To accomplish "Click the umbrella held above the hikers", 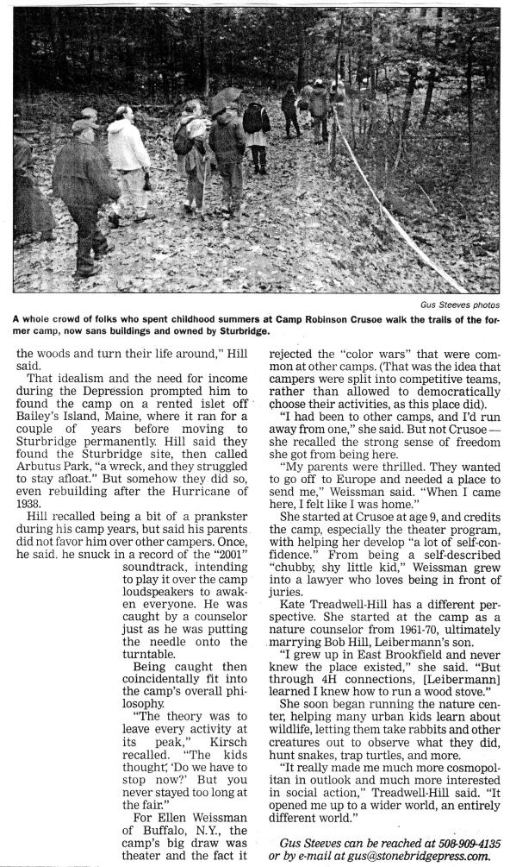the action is point(226,97).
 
